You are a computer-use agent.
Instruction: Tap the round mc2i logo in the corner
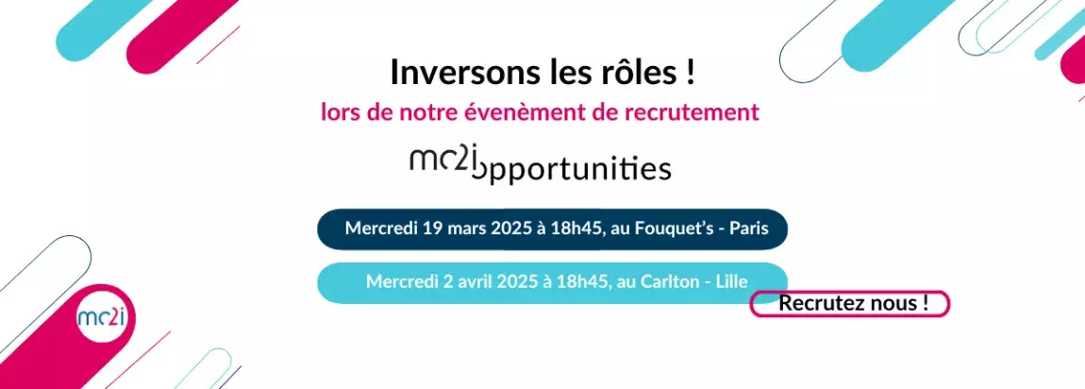107,317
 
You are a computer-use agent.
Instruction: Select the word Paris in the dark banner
749,228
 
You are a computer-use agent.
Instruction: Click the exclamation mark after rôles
689,73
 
